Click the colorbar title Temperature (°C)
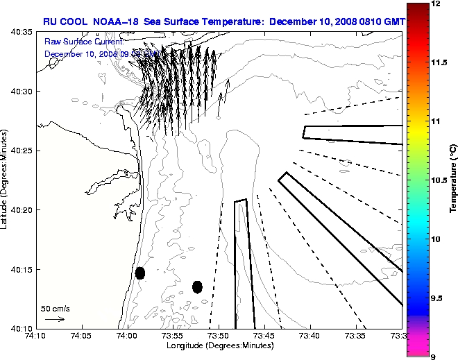click(452, 180)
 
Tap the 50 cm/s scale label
click(56, 308)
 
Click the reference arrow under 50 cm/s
click(54, 319)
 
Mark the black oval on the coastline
click(140, 273)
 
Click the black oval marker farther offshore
click(197, 286)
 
